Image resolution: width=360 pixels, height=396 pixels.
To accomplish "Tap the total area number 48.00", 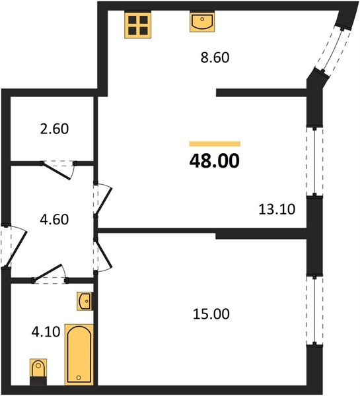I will [x=215, y=160].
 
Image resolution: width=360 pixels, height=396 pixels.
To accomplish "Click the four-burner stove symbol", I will [x=139, y=25].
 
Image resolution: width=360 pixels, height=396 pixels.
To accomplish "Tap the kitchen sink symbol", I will [x=201, y=23].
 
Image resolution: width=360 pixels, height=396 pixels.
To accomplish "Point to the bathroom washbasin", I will [x=84, y=302].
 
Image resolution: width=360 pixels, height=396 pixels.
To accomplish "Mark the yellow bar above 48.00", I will [x=215, y=143].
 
